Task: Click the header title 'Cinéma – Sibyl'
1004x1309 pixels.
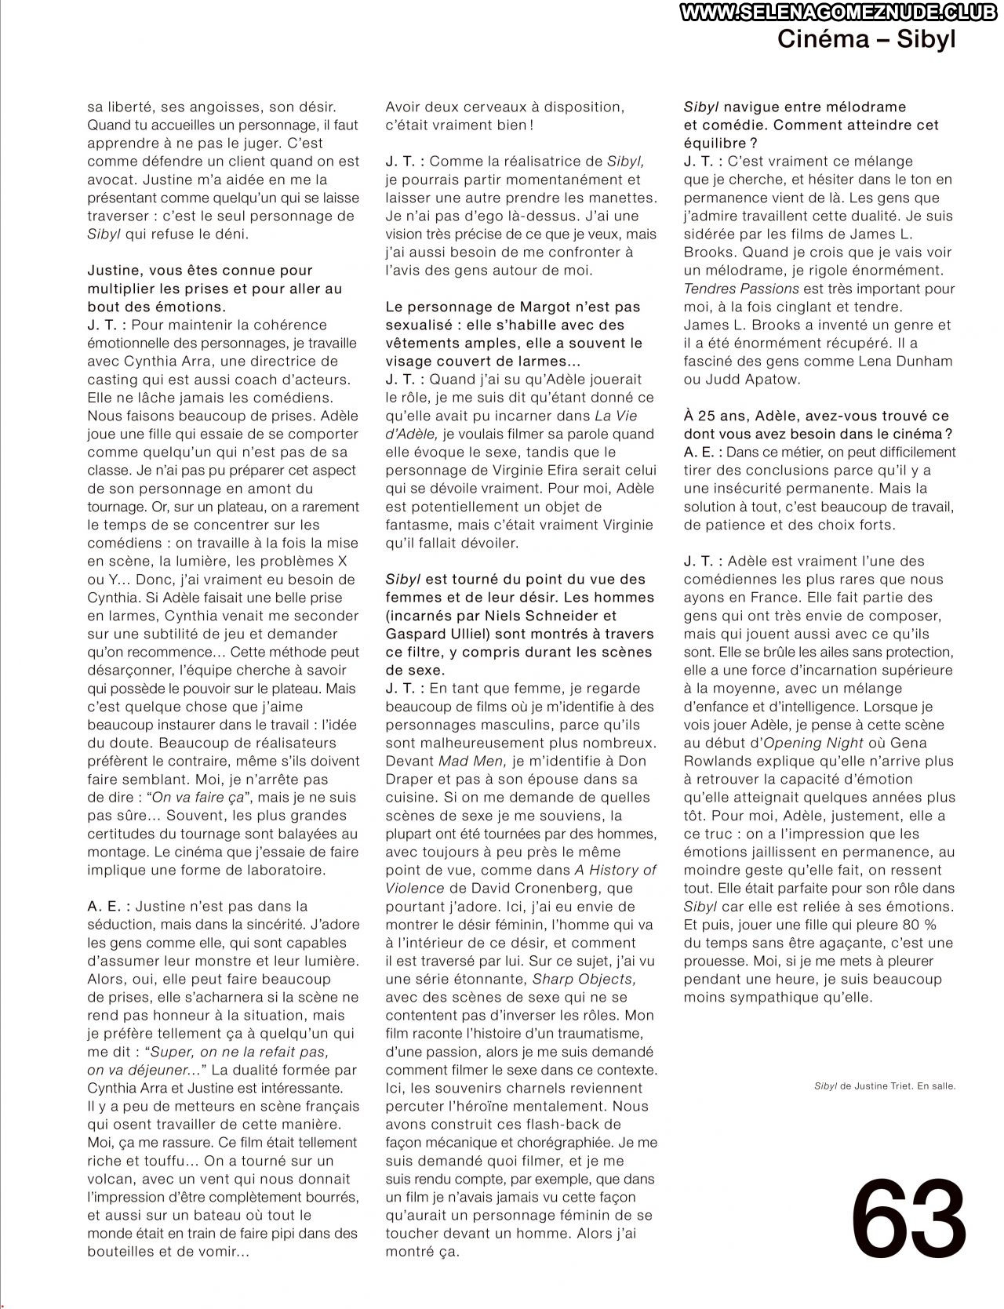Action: pos(867,40)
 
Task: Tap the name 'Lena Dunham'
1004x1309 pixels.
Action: pos(911,362)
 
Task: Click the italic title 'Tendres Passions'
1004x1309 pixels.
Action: pos(730,289)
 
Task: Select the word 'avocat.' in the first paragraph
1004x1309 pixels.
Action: pos(112,180)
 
